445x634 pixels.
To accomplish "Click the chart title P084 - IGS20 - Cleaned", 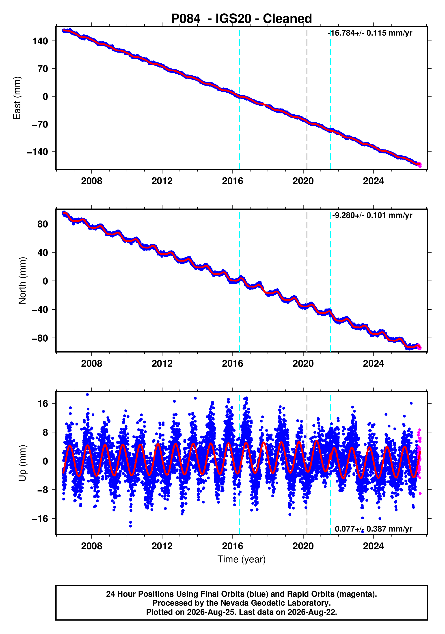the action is point(242,19).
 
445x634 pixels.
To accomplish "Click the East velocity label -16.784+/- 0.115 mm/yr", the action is point(370,33).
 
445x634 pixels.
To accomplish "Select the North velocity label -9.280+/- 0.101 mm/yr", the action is point(372,215).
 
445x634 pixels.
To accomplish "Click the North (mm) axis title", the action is point(22,281).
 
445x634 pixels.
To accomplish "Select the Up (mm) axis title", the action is point(22,463).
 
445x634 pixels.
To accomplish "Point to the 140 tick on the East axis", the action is point(40,41).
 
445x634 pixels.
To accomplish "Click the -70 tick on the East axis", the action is point(40,124).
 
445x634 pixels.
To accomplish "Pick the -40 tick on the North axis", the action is point(40,310).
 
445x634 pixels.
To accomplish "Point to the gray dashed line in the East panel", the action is point(307,98).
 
